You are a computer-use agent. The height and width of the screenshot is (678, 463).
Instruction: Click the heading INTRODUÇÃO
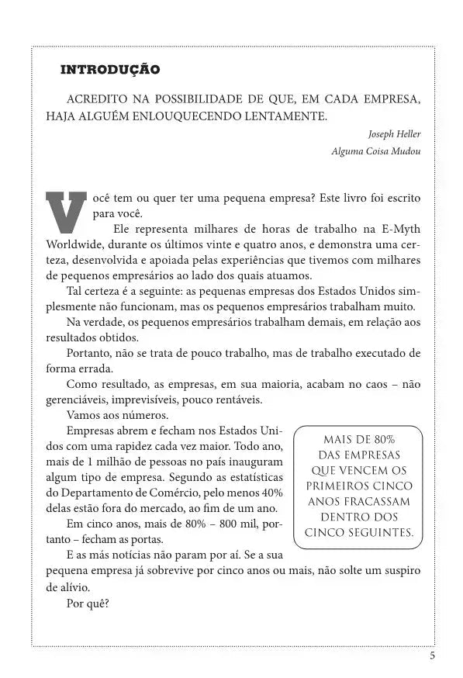click(110, 70)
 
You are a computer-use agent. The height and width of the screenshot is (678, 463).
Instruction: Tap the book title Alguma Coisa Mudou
click(376, 151)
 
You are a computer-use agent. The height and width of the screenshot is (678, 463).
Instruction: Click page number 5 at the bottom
click(432, 656)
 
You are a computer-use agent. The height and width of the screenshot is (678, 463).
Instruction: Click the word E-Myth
click(403, 229)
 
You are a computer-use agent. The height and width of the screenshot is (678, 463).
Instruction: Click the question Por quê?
click(88, 602)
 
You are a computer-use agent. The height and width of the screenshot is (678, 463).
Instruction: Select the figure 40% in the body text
click(270, 493)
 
